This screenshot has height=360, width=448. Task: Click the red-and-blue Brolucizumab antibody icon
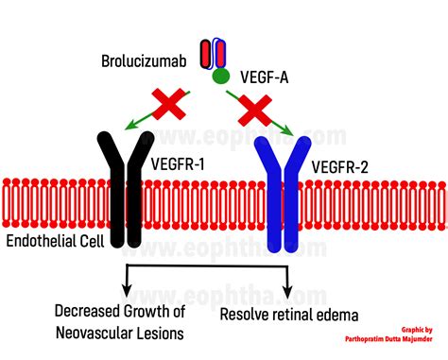click(x=212, y=53)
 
